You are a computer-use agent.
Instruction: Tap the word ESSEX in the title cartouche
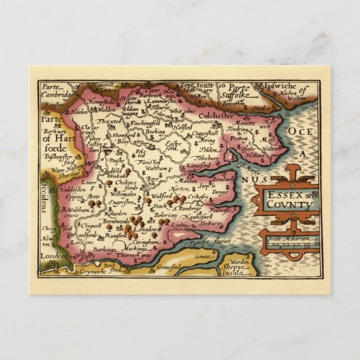[285, 195]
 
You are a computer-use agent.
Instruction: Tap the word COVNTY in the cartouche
[288, 205]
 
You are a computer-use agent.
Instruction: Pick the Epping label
[71, 197]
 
